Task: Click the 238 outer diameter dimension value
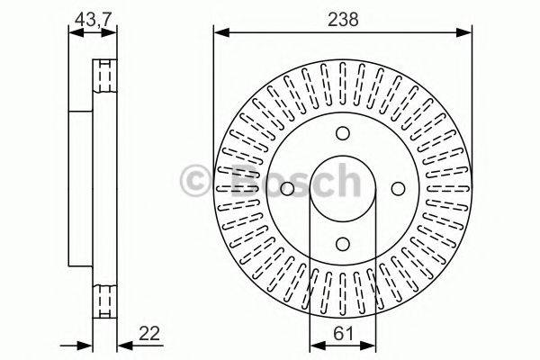[x=342, y=17]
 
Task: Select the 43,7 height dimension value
[x=94, y=17]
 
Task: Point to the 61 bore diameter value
[x=342, y=331]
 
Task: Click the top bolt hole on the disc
[x=343, y=134]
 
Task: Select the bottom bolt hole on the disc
[x=343, y=241]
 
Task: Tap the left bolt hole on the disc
[x=288, y=188]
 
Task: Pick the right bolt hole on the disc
[x=397, y=188]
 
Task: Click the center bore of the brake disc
[x=343, y=188]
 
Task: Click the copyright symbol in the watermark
[x=199, y=181]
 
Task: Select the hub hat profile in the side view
[x=81, y=188]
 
